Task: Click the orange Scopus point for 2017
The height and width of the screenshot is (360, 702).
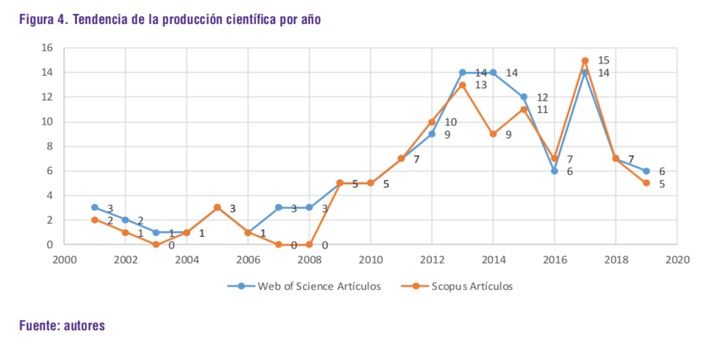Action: pos(585,60)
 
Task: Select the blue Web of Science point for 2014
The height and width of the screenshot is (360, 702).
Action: pos(493,73)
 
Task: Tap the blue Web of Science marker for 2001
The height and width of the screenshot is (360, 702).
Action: pos(95,207)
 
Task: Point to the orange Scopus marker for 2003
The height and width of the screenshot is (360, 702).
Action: pos(156,244)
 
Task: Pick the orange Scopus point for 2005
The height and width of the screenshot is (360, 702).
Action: pos(217,207)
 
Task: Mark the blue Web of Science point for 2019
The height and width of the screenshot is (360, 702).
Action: pos(646,171)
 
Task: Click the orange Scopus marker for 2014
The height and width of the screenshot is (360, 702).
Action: pos(493,134)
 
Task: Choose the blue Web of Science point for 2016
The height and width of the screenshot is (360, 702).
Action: pos(554,171)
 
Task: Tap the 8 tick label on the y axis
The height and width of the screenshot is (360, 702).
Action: pos(50,146)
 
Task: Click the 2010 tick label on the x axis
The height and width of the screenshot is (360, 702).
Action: pos(370,259)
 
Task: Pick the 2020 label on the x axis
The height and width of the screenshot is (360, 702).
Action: pos(676,259)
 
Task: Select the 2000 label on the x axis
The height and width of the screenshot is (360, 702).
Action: pos(64,259)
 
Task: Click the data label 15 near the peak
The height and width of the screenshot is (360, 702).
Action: pos(603,60)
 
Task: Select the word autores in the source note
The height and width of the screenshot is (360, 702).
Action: pos(83,326)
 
